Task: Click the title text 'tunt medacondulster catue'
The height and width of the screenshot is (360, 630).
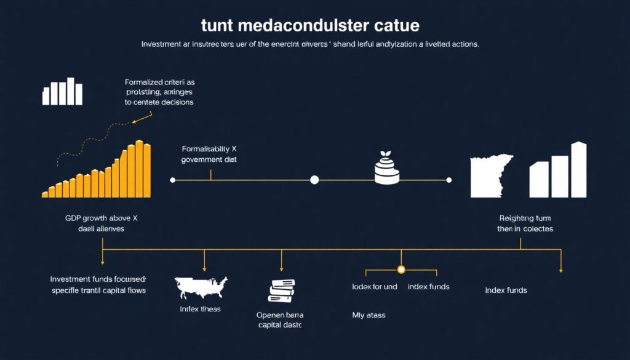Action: coord(310,26)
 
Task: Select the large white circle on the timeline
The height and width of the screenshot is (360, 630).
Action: coord(314,180)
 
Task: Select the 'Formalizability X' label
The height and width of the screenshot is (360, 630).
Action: coord(209,148)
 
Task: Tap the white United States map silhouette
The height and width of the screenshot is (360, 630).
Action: coord(202,287)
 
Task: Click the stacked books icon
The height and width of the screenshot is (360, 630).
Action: coord(282,290)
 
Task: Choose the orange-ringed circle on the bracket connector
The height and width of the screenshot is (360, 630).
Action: coord(401,270)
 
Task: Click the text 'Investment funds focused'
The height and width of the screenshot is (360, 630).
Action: coord(98,279)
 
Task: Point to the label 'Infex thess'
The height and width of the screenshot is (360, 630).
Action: coord(201,308)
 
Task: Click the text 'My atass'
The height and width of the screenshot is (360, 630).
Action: coord(369,315)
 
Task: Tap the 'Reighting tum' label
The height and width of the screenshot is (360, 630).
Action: coord(525,217)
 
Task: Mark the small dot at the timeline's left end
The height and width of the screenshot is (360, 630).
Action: coord(172,180)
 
